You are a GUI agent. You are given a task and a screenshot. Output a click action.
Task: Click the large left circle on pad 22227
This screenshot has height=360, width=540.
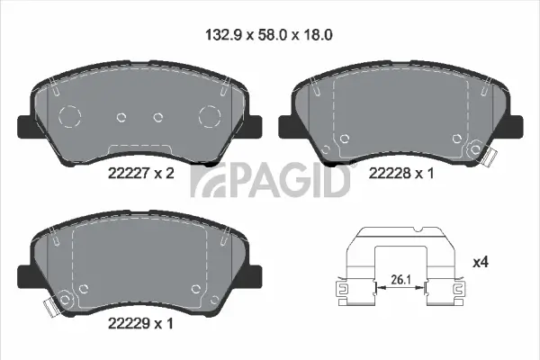click(69, 115)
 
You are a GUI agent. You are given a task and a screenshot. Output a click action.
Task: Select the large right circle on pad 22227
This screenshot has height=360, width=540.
click(209, 115)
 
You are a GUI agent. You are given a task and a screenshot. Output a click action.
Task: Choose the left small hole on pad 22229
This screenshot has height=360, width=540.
click(83, 288)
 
